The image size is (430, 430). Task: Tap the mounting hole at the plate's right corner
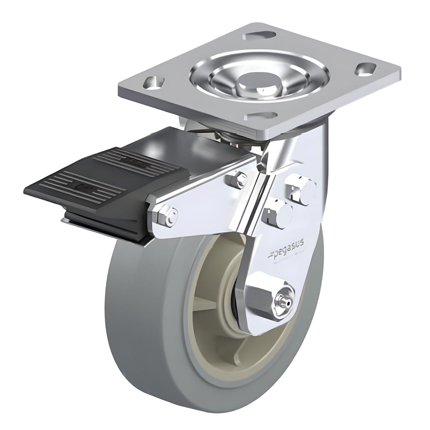tap(363, 70)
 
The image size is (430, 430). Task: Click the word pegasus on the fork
tap(289, 245)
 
